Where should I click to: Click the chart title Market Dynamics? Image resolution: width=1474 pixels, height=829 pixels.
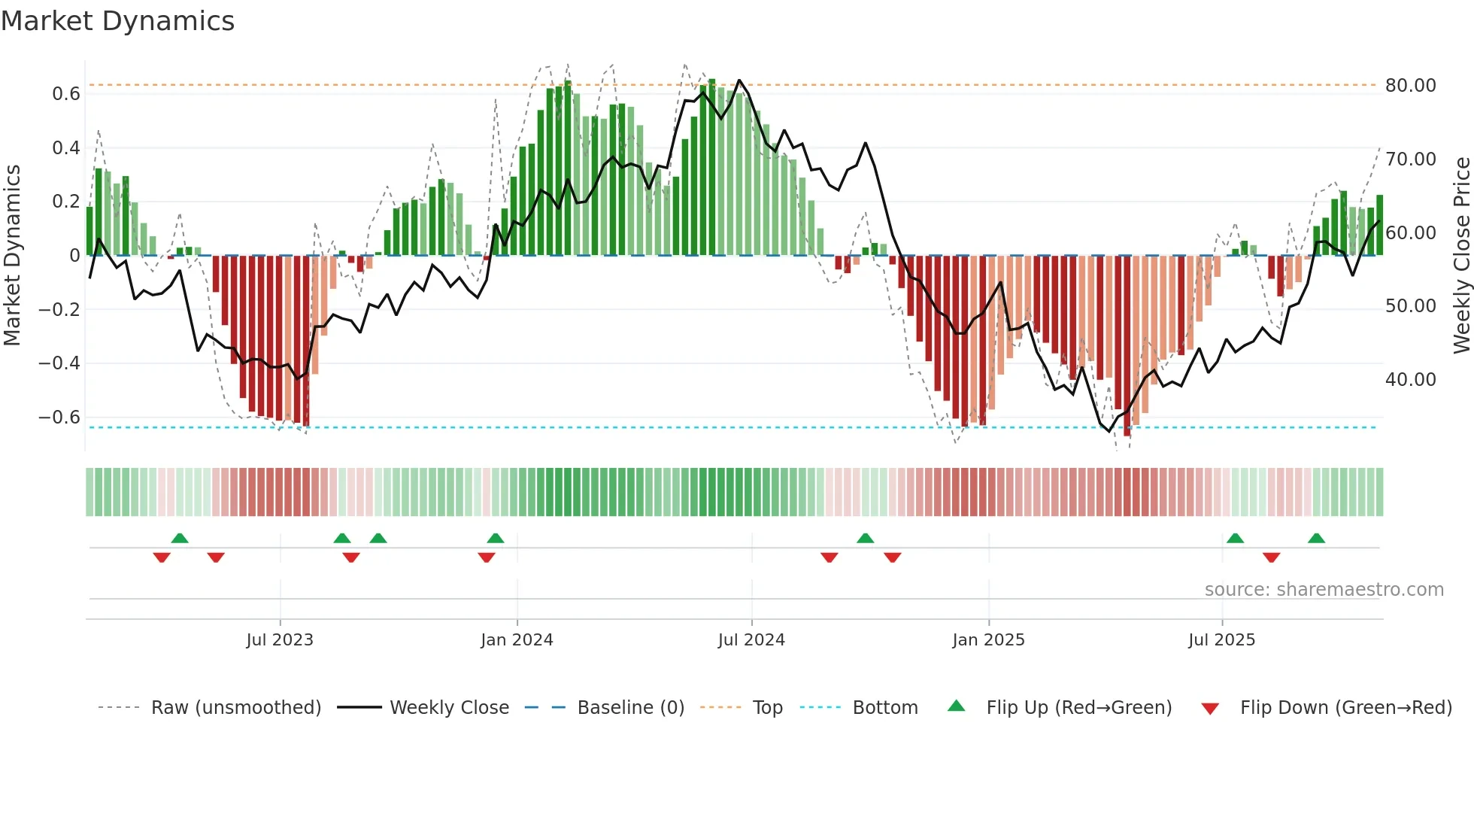(117, 21)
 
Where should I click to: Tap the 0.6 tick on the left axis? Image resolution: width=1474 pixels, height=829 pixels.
(66, 94)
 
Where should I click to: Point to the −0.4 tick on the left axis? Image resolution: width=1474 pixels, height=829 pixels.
(59, 363)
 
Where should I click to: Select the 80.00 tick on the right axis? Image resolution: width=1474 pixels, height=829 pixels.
(1410, 86)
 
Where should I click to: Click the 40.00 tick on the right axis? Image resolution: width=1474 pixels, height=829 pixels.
(1410, 380)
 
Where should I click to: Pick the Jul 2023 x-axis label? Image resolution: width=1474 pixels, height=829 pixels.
(280, 640)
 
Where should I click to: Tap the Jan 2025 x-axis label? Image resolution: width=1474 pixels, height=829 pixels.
(988, 640)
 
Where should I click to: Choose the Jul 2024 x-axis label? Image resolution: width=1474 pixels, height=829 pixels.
(751, 640)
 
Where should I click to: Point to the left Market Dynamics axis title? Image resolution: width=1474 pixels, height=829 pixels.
(12, 256)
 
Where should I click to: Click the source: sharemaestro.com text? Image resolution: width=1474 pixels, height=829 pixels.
(1324, 590)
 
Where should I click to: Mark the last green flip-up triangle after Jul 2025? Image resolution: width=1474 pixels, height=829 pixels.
(1316, 539)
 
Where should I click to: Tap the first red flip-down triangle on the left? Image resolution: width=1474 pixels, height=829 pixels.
(162, 557)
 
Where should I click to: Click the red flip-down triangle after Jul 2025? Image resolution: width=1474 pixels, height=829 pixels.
(1272, 557)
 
